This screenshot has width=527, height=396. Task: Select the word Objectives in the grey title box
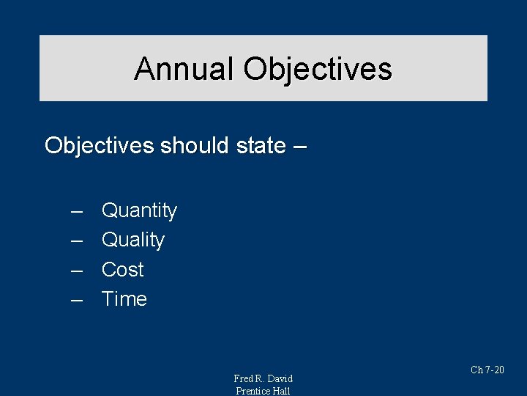318,70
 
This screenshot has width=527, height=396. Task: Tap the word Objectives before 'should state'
100,145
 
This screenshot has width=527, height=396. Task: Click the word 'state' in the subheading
261,145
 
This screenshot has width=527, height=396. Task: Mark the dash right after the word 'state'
299,146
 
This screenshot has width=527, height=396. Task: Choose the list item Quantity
139,211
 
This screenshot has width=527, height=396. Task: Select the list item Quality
133,241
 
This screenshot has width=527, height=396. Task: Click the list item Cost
122,270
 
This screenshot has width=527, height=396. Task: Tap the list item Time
124,299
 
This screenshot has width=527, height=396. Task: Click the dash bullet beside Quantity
76,211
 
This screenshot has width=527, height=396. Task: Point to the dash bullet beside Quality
76,241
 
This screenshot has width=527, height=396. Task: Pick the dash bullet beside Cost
76,270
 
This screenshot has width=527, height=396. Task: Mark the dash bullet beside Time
76,299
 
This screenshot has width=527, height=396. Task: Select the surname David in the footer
280,378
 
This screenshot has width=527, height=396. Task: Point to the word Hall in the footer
282,391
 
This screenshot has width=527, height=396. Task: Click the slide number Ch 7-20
487,370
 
